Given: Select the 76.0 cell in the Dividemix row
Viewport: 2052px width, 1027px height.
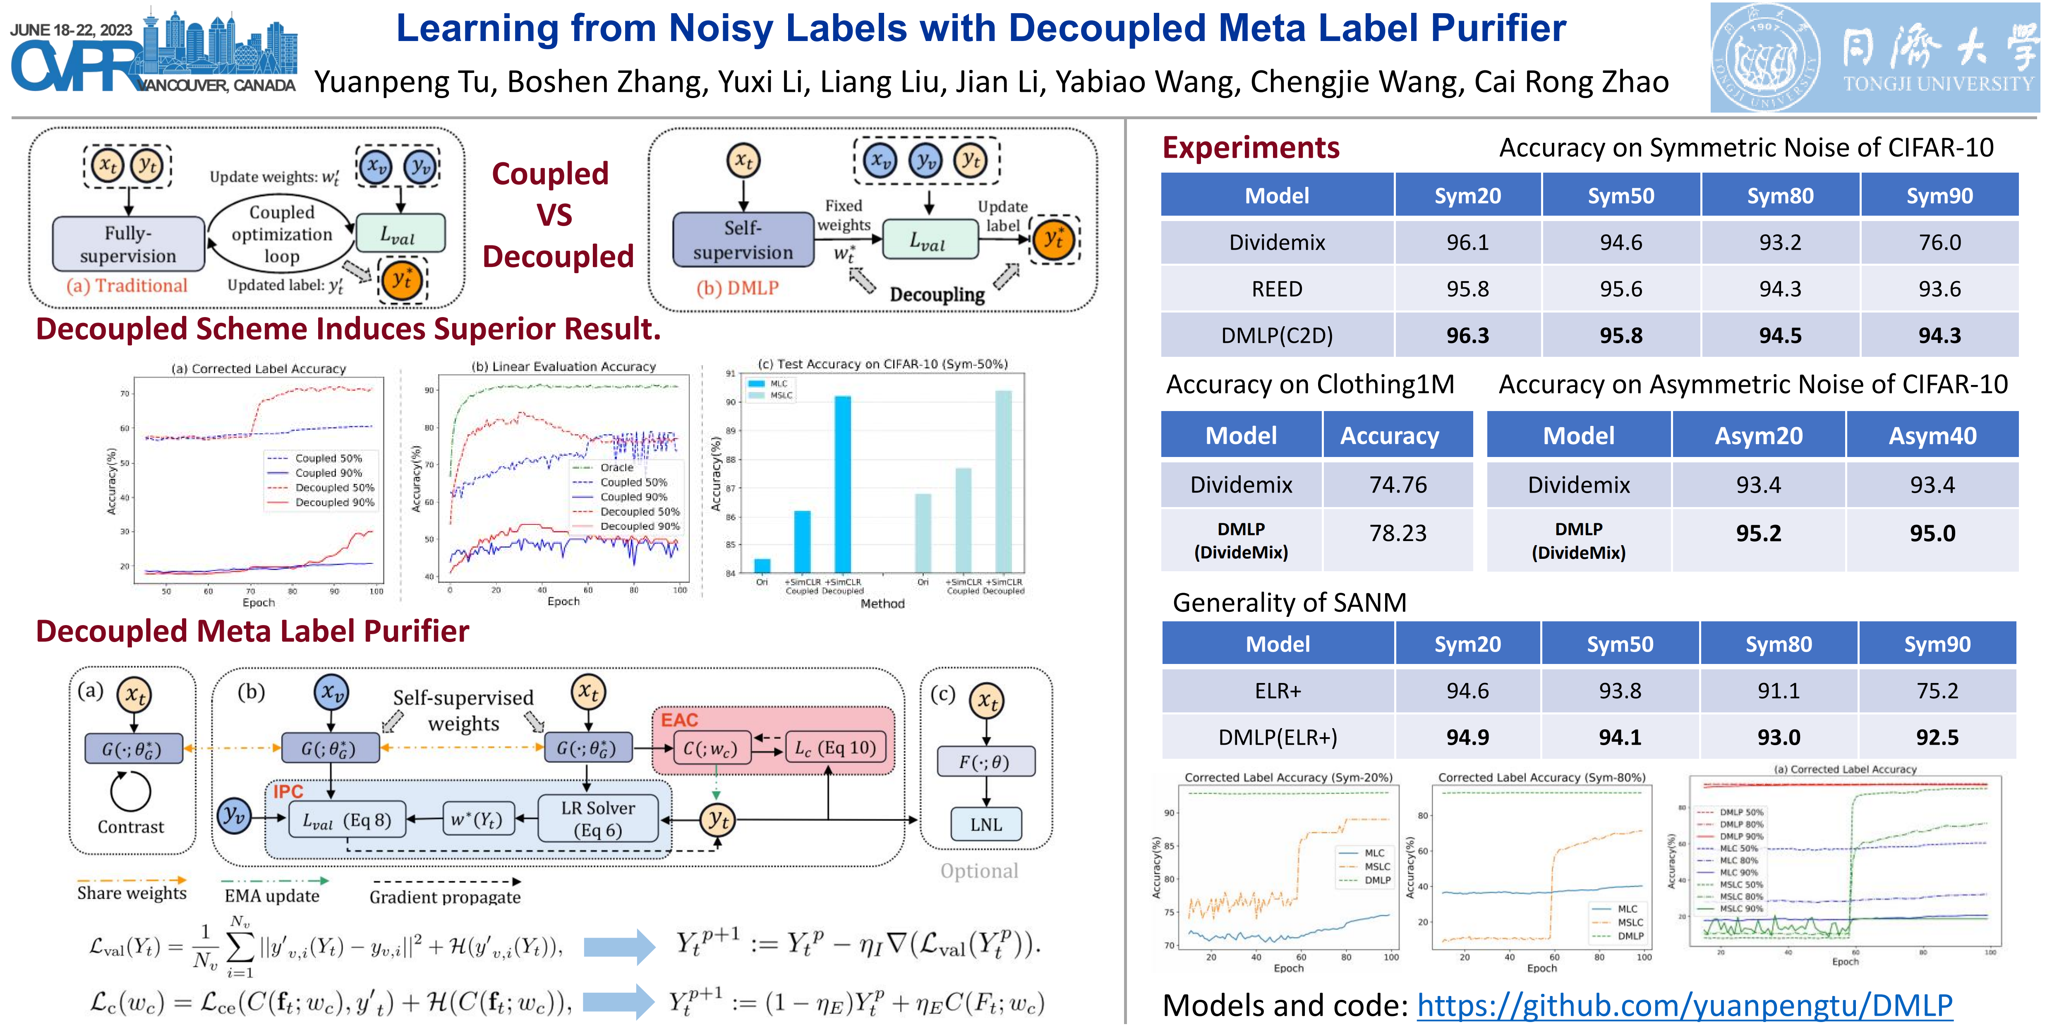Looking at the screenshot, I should [1939, 242].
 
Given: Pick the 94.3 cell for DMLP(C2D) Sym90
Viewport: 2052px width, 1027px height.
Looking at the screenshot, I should [1939, 335].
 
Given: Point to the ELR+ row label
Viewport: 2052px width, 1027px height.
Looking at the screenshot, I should [1277, 691].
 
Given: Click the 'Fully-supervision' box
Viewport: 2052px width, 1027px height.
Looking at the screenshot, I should [128, 244].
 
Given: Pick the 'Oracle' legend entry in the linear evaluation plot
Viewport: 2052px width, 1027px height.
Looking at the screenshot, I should [616, 468].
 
